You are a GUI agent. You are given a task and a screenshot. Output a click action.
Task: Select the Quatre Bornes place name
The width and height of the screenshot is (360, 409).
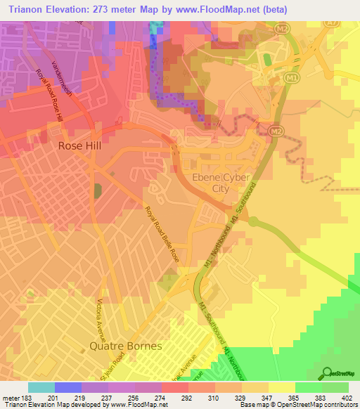pyautogui.click(x=126, y=346)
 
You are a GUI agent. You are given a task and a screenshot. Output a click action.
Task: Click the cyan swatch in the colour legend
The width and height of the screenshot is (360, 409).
pyautogui.click(x=41, y=387)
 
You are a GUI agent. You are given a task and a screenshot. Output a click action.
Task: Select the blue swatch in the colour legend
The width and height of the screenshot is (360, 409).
pyautogui.click(x=68, y=387)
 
